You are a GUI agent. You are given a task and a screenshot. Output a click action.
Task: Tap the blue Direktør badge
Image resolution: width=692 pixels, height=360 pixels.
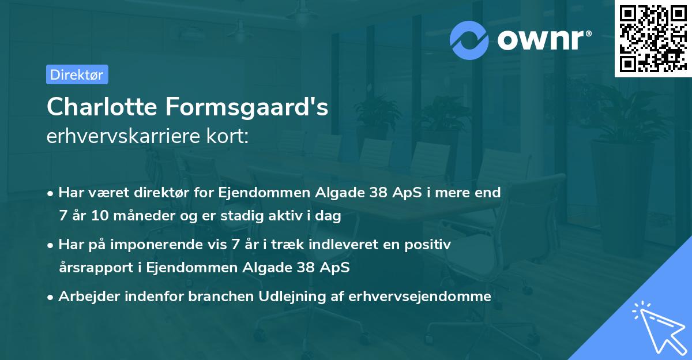coord(77,74)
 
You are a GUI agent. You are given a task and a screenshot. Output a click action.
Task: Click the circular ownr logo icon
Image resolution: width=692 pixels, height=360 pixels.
coord(469,40)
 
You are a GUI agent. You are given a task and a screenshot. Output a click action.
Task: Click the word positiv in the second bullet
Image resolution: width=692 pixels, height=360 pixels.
coord(430,245)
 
